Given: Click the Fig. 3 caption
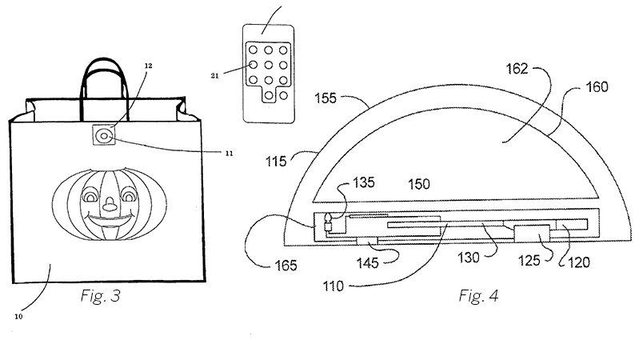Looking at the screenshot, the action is [x=101, y=296].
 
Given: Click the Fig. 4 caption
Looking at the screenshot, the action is [x=478, y=296].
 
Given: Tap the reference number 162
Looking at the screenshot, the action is [x=517, y=69].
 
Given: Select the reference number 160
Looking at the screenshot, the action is [x=597, y=86].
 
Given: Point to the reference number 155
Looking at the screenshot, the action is [x=325, y=98].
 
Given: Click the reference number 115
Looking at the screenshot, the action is [x=276, y=161].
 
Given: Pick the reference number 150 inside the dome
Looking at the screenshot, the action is [x=419, y=184].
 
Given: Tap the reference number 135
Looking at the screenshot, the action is [x=364, y=182].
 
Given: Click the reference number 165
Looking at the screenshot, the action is [x=286, y=266].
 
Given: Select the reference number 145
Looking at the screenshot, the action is [x=367, y=263].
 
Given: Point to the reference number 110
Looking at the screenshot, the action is [x=333, y=286].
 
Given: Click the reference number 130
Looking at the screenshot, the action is [x=469, y=258].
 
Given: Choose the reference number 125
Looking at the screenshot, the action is [x=529, y=260].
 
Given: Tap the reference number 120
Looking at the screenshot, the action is [x=579, y=262].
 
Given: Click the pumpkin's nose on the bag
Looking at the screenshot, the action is [x=109, y=205].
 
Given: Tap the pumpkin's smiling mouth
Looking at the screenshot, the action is [x=110, y=221].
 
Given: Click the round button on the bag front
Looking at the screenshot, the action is [x=104, y=136].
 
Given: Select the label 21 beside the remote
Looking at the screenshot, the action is [x=214, y=75].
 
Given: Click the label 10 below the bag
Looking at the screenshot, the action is [x=18, y=317].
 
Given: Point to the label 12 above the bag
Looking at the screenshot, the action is [x=149, y=66].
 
